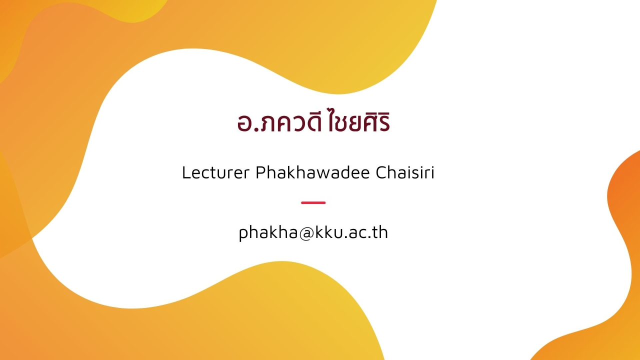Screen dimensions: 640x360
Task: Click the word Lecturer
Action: [x=216, y=172]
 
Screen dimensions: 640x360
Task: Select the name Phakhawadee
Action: [x=313, y=172]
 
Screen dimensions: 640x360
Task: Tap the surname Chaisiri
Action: [x=405, y=172]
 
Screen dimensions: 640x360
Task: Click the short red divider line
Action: [x=313, y=202]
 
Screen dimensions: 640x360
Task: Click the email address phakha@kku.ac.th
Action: [x=313, y=232]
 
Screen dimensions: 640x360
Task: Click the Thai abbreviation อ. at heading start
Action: [x=247, y=123]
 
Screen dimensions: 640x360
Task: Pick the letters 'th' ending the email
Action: [x=381, y=231]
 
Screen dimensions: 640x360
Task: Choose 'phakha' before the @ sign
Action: [x=268, y=232]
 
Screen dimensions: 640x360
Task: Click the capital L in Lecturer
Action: [x=185, y=172]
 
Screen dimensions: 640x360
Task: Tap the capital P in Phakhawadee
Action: [x=260, y=172]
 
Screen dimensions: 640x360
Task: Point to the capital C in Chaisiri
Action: [x=380, y=172]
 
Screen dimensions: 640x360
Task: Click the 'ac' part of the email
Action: [x=360, y=233]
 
